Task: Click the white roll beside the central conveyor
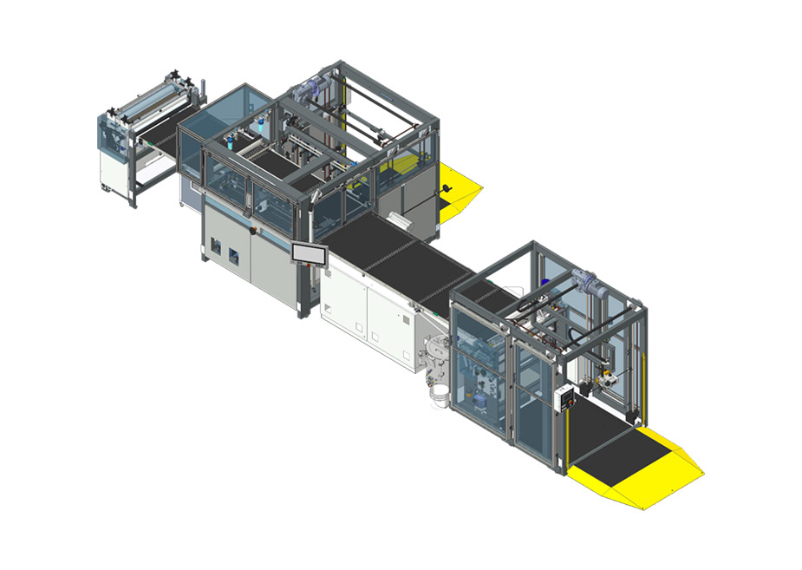(x=394, y=216)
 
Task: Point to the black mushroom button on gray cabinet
(x=253, y=229)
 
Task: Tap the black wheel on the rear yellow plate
(x=444, y=190)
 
